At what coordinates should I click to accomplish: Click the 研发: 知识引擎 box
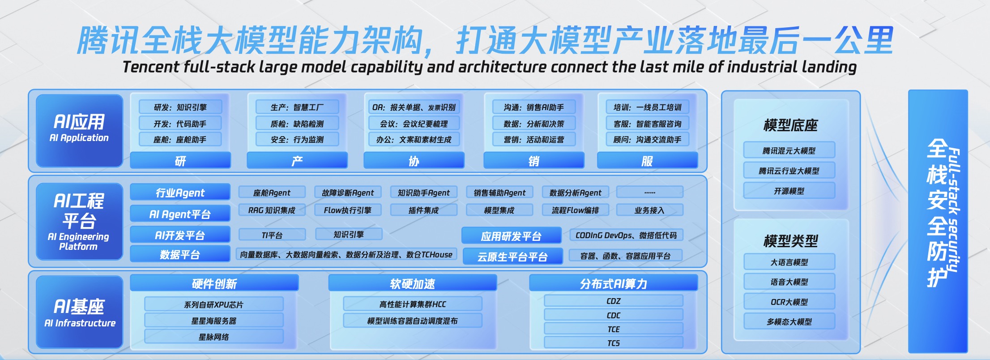pos(180,107)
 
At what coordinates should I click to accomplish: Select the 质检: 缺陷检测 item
pos(297,124)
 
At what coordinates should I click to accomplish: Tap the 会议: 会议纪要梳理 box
pos(414,124)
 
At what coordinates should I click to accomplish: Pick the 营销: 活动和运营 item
pos(533,140)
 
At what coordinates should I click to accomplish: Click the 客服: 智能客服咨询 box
pos(647,124)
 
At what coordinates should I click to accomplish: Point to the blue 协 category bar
pos(414,161)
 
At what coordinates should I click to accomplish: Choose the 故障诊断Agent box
pos(348,193)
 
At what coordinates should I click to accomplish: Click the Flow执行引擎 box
pos(348,210)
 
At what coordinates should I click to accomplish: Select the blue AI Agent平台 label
pos(180,214)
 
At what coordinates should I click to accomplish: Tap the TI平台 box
pos(272,235)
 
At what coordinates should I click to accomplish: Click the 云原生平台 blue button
pos(512,257)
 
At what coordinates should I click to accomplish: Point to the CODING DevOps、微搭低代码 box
pos(626,235)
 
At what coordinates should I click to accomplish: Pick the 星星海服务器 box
pos(214,321)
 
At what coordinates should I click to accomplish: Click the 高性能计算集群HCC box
pos(413,304)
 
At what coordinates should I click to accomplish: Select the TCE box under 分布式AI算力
pos(614,329)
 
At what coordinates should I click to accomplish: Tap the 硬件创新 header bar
pos(214,283)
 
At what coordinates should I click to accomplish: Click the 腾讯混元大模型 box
pos(789,150)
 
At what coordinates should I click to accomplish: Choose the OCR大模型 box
pos(789,302)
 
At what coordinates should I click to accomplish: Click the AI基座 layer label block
pos(80,312)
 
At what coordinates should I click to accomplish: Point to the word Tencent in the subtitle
pos(151,67)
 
